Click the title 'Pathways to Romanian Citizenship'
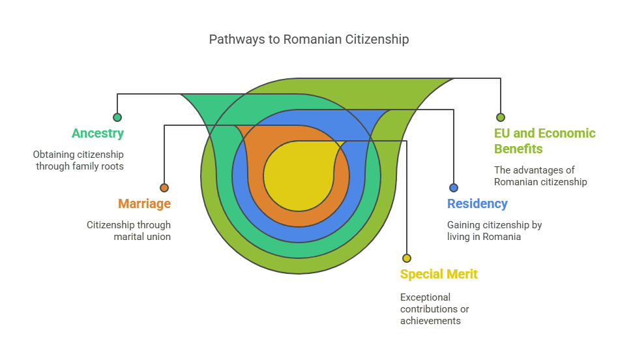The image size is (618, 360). pyautogui.click(x=308, y=39)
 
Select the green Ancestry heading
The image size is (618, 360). pyautogui.click(x=97, y=133)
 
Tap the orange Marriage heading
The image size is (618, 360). pyautogui.click(x=144, y=203)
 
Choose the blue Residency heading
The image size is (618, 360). pyautogui.click(x=477, y=203)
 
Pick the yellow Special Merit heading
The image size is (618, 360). pyautogui.click(x=439, y=274)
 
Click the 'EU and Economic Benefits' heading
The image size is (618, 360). pyautogui.click(x=544, y=141)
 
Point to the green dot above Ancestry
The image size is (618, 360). pyautogui.click(x=117, y=117)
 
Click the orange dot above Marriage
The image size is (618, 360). pyautogui.click(x=164, y=188)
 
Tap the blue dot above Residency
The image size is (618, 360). pyautogui.click(x=454, y=188)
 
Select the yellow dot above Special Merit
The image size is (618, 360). pyautogui.click(x=407, y=258)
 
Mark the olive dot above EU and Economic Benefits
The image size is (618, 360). pyautogui.click(x=501, y=117)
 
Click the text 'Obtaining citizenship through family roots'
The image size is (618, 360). pyautogui.click(x=79, y=160)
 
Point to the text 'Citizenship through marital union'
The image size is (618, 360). pyautogui.click(x=129, y=231)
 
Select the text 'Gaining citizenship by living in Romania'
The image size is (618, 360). pyautogui.click(x=494, y=231)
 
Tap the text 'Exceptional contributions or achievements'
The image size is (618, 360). pyautogui.click(x=434, y=308)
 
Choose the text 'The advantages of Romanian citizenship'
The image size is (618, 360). pyautogui.click(x=540, y=176)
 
